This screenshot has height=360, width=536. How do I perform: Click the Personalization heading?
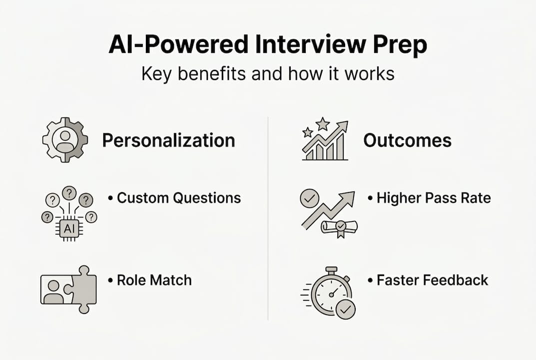[168, 140]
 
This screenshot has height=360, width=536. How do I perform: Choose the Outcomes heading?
[407, 140]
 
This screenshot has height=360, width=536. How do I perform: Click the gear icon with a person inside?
[65, 140]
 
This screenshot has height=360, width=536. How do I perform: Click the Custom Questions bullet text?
[178, 198]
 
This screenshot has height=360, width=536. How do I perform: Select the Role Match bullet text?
[154, 280]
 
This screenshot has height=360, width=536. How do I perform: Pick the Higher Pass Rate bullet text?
[434, 198]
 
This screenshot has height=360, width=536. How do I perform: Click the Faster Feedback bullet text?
[432, 280]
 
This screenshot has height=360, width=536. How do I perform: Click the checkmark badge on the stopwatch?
[345, 310]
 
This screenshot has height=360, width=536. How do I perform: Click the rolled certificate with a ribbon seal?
[340, 227]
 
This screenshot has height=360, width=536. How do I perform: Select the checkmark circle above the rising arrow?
[309, 198]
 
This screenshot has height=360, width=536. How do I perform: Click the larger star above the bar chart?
[323, 123]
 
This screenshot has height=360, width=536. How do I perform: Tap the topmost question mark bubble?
[69, 192]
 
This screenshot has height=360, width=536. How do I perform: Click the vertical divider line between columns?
[268, 220]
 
